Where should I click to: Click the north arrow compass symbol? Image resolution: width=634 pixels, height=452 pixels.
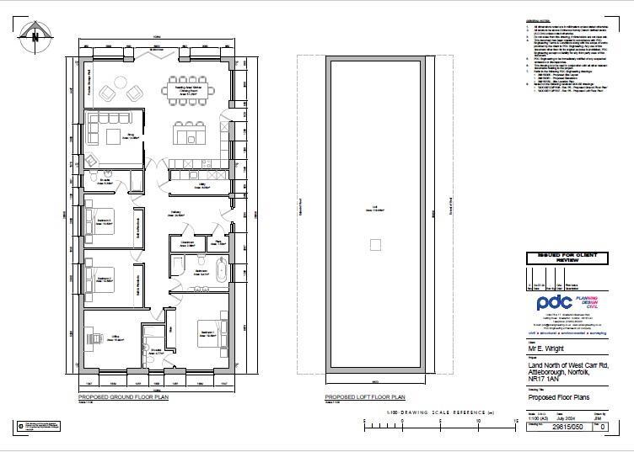[x=35, y=35]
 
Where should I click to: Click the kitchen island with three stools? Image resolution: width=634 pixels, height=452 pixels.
[x=188, y=133]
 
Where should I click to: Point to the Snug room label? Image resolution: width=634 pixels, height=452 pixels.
[x=132, y=135]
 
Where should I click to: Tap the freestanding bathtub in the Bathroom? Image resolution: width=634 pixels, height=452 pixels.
[x=222, y=272]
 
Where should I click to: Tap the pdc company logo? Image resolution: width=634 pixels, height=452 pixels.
[x=555, y=304]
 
